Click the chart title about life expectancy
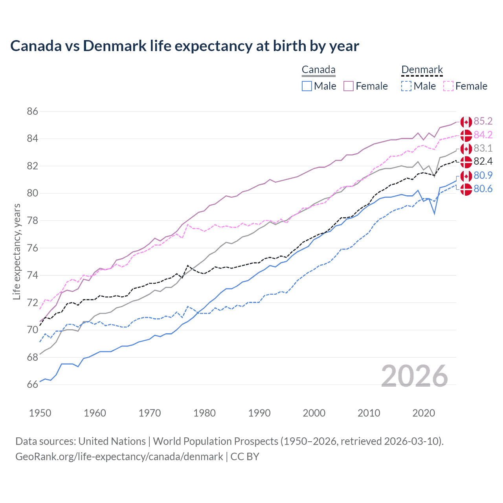[184, 46]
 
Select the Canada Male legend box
[307, 86]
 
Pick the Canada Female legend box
[349, 86]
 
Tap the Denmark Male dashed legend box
[406, 86]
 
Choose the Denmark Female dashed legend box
[448, 86]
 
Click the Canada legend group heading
[318, 70]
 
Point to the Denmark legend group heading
[422, 70]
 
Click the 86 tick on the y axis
[33, 112]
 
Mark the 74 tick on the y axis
[33, 275]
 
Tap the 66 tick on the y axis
[33, 385]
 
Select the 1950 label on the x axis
[40, 413]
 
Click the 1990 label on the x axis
[259, 413]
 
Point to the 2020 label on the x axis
[424, 413]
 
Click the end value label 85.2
[483, 121]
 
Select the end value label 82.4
[483, 162]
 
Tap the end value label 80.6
[483, 189]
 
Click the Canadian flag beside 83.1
[466, 149]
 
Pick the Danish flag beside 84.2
[466, 135]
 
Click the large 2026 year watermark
[414, 376]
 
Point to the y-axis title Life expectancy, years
[17, 251]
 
